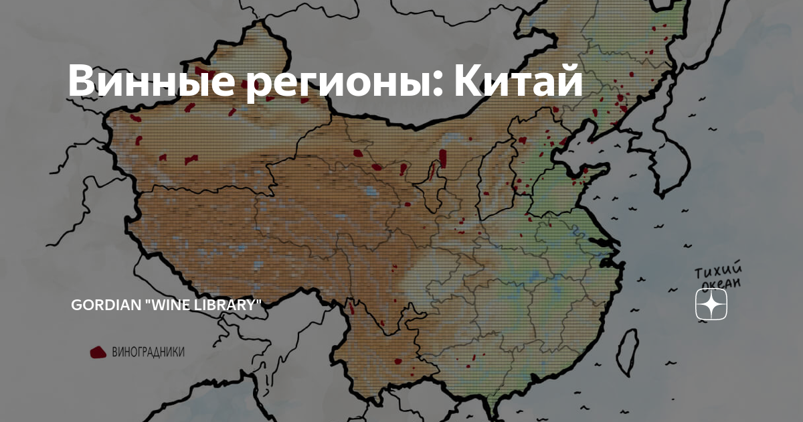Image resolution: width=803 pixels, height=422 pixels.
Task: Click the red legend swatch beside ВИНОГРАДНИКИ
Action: [98, 352]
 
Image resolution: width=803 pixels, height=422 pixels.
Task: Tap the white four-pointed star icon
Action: [711, 305]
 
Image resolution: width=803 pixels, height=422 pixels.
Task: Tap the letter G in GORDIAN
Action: [76, 305]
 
